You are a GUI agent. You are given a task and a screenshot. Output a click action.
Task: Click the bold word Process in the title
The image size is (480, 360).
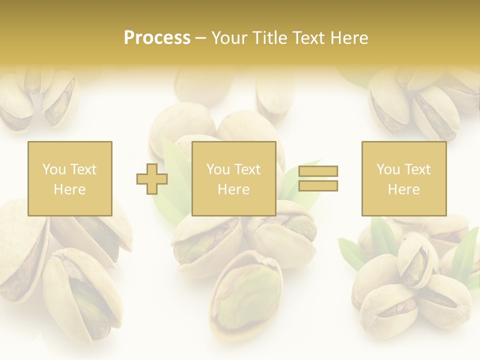157,38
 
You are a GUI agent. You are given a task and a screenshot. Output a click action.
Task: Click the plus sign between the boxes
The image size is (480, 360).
152,179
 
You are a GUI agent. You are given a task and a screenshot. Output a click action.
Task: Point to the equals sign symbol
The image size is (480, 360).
318,178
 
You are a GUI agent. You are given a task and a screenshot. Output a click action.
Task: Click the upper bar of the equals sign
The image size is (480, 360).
318,171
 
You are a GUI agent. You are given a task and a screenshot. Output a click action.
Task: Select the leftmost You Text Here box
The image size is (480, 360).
70,178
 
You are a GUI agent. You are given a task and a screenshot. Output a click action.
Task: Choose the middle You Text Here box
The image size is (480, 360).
233,178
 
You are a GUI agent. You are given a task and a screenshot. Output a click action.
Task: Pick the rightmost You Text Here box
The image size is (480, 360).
404,178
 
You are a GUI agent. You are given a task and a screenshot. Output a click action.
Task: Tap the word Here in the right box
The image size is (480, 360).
403,189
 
